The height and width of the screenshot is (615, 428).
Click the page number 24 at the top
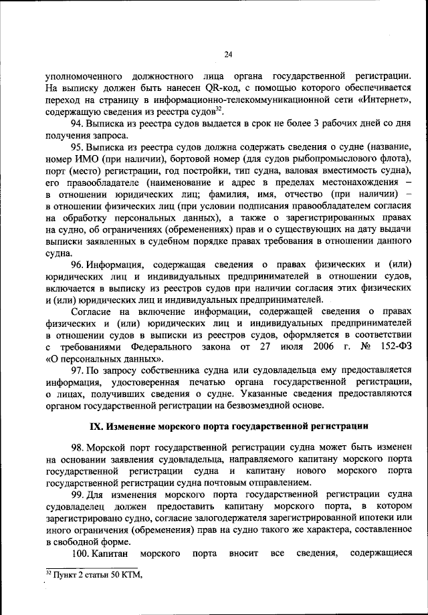point(227,55)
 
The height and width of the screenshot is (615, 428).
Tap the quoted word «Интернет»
point(384,100)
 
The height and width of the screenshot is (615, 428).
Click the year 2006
point(303,349)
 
